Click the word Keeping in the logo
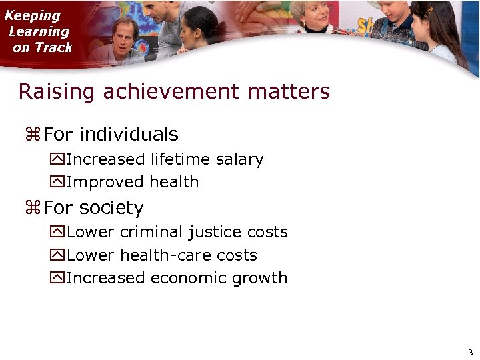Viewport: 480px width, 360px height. (x=33, y=15)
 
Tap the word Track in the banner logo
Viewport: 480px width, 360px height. (x=57, y=47)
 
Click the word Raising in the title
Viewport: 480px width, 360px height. (x=57, y=91)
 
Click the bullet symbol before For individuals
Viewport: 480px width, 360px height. (x=33, y=135)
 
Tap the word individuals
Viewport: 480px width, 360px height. (x=129, y=135)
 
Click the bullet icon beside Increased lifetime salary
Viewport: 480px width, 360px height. (x=57, y=160)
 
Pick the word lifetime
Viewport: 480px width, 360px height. (x=180, y=159)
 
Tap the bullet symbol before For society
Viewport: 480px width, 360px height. (x=33, y=209)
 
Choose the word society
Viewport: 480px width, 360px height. (x=111, y=209)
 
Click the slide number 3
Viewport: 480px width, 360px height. (x=470, y=352)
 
